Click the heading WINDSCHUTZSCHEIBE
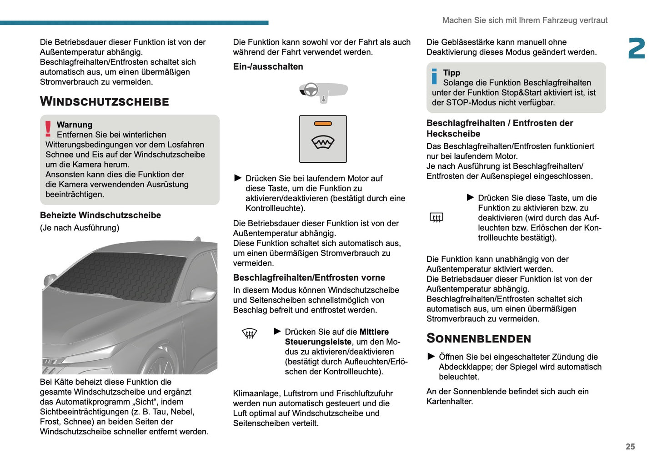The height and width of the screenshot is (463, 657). click(104, 101)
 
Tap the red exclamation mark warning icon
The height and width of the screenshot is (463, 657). click(48, 129)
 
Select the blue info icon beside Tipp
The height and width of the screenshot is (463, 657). click(434, 76)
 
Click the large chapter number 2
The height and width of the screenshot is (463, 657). click(636, 49)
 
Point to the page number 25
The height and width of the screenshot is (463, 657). click(630, 447)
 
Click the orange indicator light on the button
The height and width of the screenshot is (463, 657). click(323, 124)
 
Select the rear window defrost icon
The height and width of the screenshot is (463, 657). click(436, 217)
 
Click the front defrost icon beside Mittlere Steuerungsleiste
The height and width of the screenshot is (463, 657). click(250, 334)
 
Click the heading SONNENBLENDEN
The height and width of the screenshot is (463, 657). click(478, 338)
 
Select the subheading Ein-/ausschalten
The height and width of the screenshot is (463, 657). click(268, 66)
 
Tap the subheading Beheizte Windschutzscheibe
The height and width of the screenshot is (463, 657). click(100, 215)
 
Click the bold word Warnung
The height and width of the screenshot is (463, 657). click(75, 125)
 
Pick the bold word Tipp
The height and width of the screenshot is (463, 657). click(451, 73)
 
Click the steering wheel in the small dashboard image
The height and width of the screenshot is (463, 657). click(311, 90)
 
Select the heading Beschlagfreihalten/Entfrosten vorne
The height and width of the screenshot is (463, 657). click(309, 277)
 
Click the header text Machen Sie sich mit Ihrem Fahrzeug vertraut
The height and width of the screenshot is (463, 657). click(525, 20)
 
